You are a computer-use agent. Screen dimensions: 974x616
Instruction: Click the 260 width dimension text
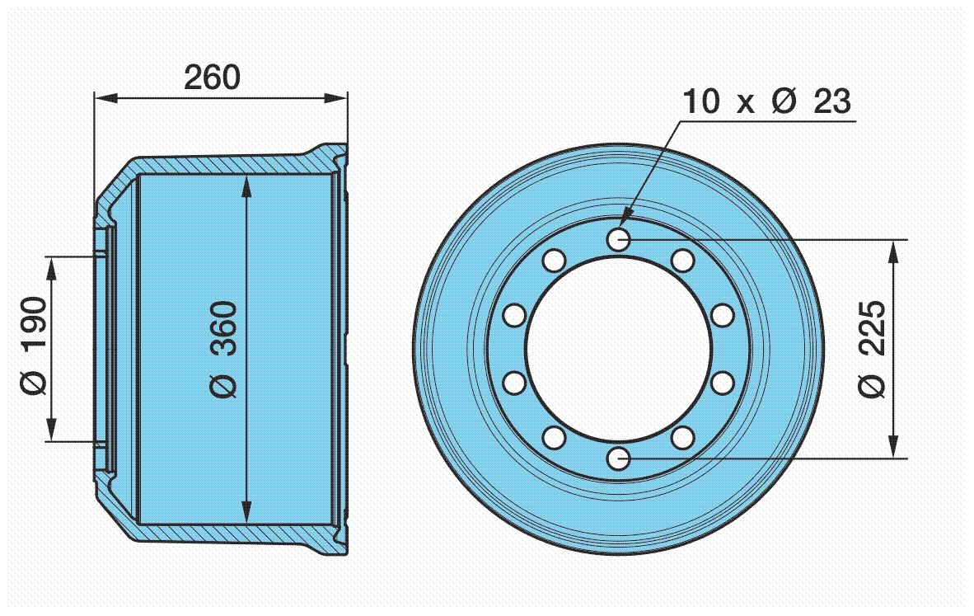(212, 78)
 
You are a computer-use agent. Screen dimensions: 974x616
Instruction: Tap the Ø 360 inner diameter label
(223, 350)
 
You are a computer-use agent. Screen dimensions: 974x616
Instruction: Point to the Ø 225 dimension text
(872, 349)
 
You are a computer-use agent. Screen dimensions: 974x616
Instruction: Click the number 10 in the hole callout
(701, 101)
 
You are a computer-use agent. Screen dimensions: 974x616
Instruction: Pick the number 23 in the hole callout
(831, 101)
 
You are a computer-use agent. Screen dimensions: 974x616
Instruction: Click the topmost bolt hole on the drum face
(619, 238)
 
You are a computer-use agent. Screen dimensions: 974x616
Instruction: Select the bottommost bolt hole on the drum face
(618, 459)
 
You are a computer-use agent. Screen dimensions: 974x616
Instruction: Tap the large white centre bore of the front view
(619, 349)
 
